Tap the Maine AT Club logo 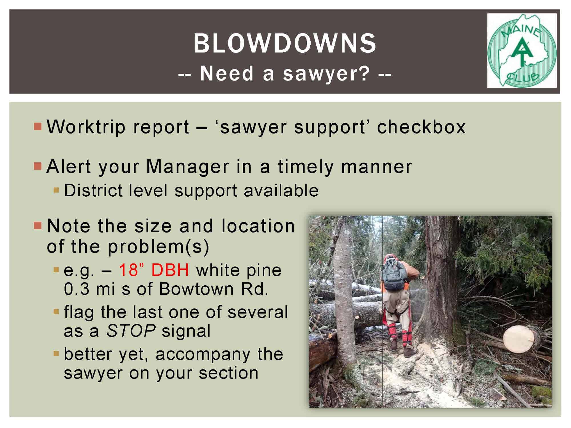[x=522, y=51]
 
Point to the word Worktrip [x=86, y=127]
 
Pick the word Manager [x=188, y=167]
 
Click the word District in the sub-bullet [x=93, y=190]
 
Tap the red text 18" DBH [x=154, y=270]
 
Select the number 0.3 [x=77, y=289]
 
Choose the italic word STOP [x=131, y=331]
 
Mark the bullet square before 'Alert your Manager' [x=38, y=166]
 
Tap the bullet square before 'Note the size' [x=38, y=226]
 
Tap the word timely [x=305, y=167]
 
